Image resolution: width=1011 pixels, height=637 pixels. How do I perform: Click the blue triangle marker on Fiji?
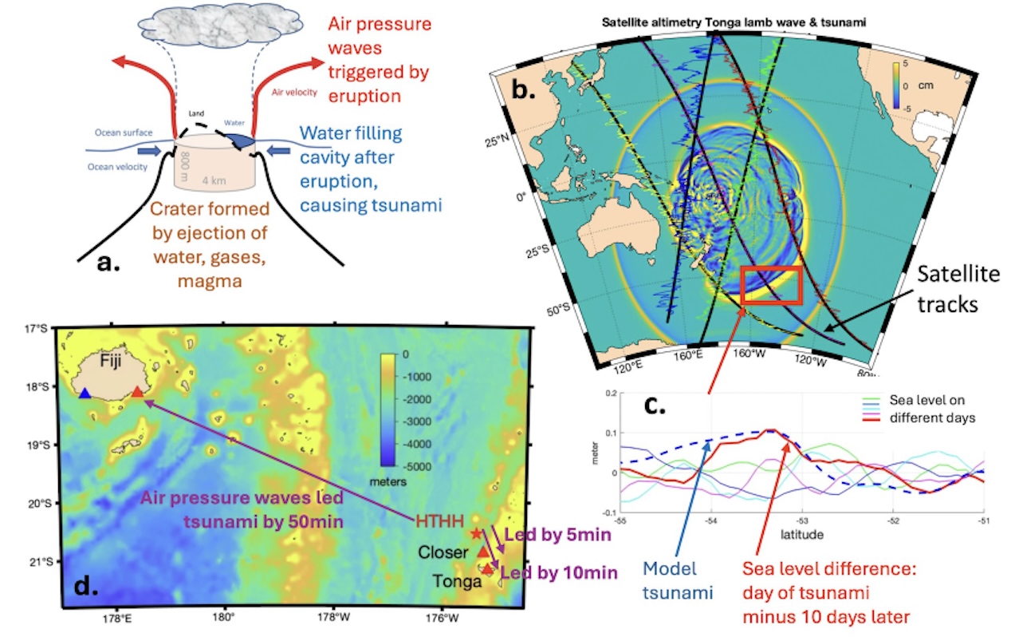(x=85, y=393)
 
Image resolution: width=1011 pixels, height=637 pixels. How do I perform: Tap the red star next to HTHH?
(x=477, y=533)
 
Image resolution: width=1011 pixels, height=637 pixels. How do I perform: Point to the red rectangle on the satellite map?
(x=771, y=285)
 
